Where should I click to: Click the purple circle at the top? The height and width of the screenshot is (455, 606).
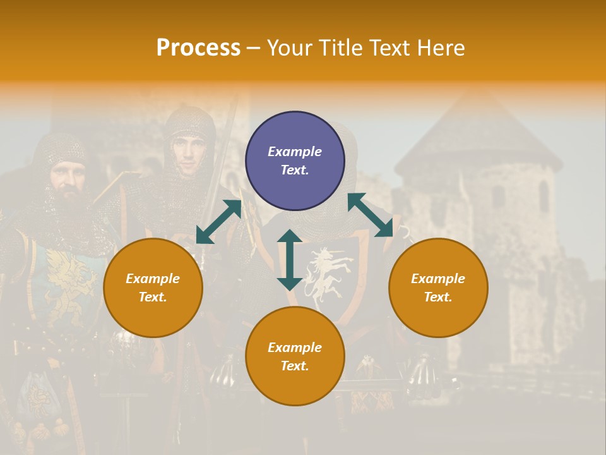295,161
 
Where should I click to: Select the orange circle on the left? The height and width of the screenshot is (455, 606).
153,288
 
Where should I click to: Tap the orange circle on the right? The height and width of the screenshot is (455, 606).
438,288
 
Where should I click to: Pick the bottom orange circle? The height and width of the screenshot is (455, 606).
295,356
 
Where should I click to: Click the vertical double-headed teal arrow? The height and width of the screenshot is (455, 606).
290,260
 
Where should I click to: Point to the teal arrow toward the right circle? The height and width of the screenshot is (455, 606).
371,215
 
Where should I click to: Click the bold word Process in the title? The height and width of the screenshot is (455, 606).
198,48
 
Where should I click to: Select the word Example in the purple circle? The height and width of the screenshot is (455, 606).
295,152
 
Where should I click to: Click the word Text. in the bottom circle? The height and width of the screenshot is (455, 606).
295,366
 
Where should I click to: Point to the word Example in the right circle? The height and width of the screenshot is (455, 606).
438,279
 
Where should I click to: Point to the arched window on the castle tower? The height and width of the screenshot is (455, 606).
544,195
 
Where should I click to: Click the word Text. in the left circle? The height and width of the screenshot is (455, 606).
153,297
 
